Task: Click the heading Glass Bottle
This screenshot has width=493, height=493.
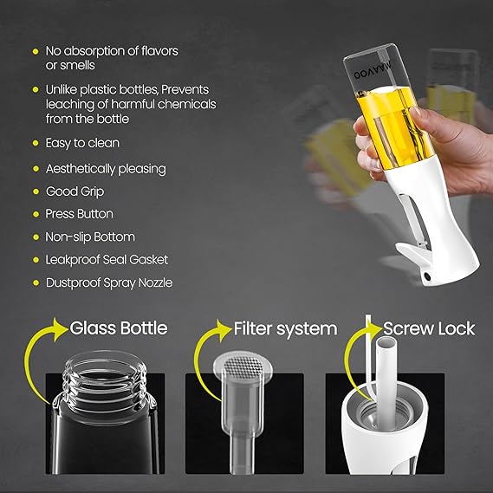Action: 118,329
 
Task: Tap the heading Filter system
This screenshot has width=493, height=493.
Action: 285,329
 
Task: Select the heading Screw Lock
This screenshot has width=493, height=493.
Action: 430,329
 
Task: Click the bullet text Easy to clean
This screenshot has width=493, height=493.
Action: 82,142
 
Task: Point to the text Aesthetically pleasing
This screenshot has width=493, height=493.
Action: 105,168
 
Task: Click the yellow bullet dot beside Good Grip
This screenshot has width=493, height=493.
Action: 35,191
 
